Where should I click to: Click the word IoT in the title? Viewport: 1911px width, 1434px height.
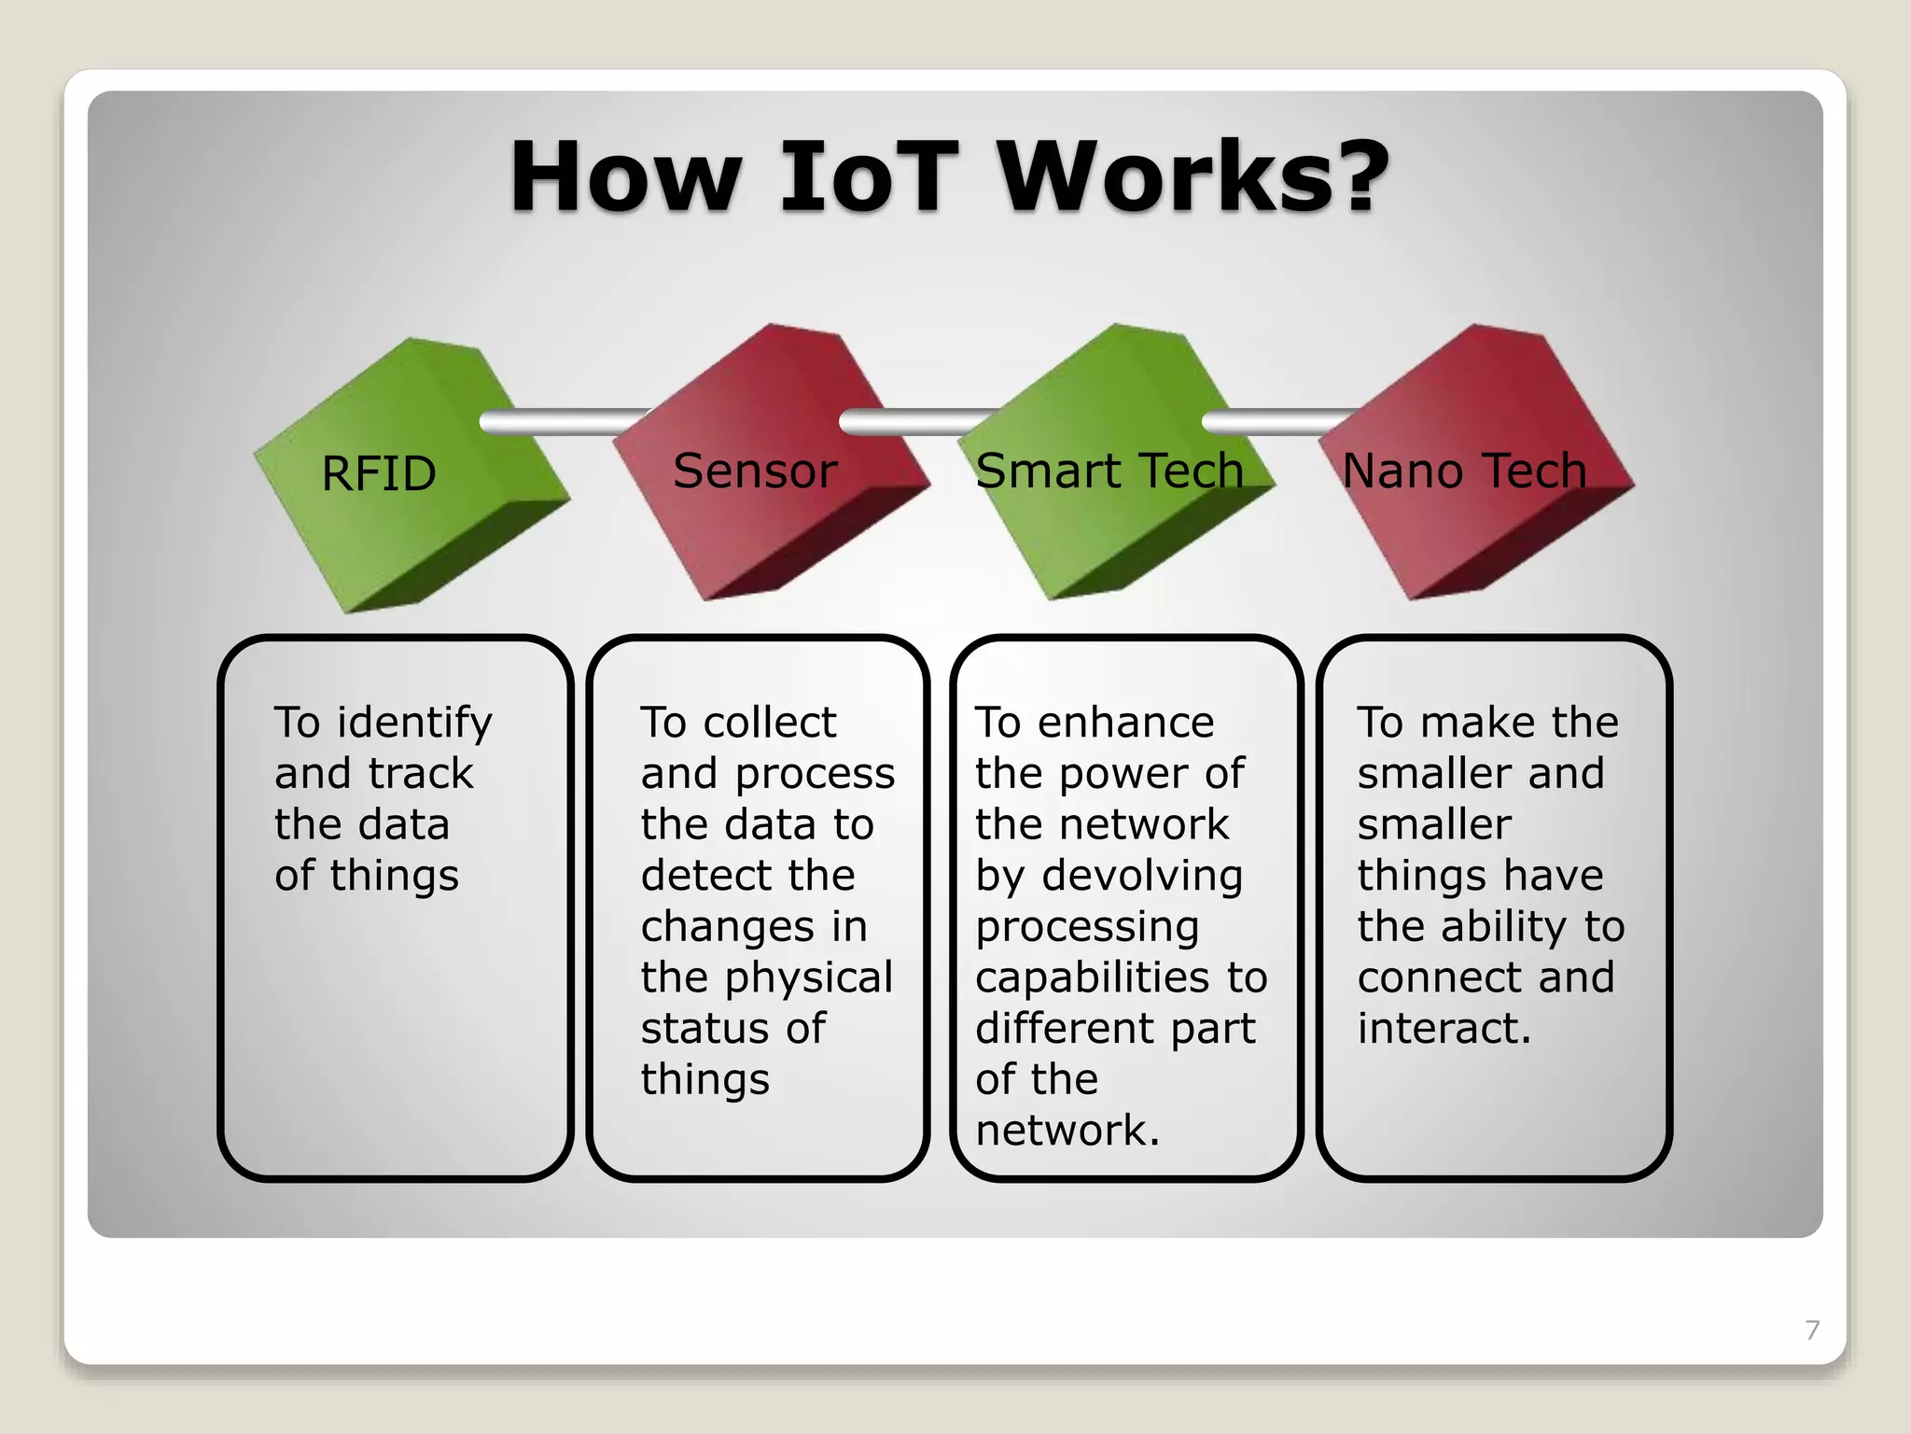click(868, 177)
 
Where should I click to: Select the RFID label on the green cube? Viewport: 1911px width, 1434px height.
click(379, 473)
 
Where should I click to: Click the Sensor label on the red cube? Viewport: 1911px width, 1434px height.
click(755, 471)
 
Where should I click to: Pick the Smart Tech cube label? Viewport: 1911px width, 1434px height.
click(1109, 471)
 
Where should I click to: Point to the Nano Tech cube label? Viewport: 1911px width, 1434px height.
click(1464, 471)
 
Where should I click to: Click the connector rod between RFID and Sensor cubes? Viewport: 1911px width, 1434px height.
click(560, 422)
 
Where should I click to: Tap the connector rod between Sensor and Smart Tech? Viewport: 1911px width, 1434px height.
click(914, 422)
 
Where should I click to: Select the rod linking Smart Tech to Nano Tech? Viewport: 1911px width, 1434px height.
click(1274, 422)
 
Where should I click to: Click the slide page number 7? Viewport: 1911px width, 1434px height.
click(1811, 1329)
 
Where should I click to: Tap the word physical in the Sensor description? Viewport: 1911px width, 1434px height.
click(809, 977)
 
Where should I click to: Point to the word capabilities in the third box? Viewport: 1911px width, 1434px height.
click(1094, 977)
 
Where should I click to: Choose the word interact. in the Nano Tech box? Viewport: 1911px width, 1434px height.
click(1444, 1029)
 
